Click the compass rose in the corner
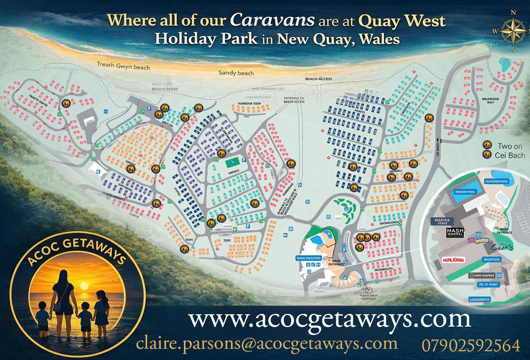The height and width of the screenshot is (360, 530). pyautogui.click(x=513, y=30)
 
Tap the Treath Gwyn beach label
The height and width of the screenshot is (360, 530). pyautogui.click(x=123, y=65)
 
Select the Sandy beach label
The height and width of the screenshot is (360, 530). pyautogui.click(x=236, y=73)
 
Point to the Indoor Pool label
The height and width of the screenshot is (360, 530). pyautogui.click(x=465, y=192)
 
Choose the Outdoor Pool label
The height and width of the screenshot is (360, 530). pyautogui.click(x=496, y=182)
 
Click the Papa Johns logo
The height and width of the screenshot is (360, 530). pyautogui.click(x=453, y=260)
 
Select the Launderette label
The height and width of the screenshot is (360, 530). pyautogui.click(x=479, y=300)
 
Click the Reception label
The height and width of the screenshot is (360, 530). pyautogui.click(x=492, y=260)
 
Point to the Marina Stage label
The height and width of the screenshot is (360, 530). pyautogui.click(x=440, y=221)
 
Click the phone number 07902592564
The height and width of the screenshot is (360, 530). pyautogui.click(x=471, y=345)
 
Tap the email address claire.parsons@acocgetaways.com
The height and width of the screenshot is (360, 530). pyautogui.click(x=267, y=344)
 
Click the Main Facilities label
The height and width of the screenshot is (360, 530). pyautogui.click(x=308, y=258)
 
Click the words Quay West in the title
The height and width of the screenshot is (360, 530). pyautogui.click(x=402, y=21)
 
